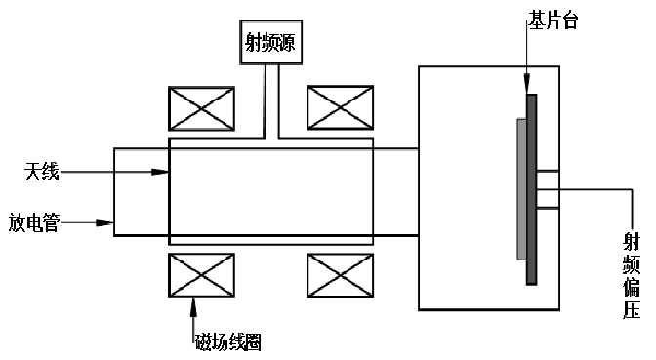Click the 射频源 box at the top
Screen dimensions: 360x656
tap(269, 44)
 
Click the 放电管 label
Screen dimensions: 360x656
tap(35, 223)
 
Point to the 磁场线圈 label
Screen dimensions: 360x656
tap(226, 341)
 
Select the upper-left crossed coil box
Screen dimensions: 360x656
tap(201, 108)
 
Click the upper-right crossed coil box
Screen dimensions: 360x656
tap(341, 108)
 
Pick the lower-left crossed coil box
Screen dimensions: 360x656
tap(201, 274)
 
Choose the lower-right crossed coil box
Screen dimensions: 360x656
tap(341, 274)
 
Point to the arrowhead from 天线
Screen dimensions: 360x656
tap(163, 173)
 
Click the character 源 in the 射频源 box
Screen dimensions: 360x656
tap(285, 44)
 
